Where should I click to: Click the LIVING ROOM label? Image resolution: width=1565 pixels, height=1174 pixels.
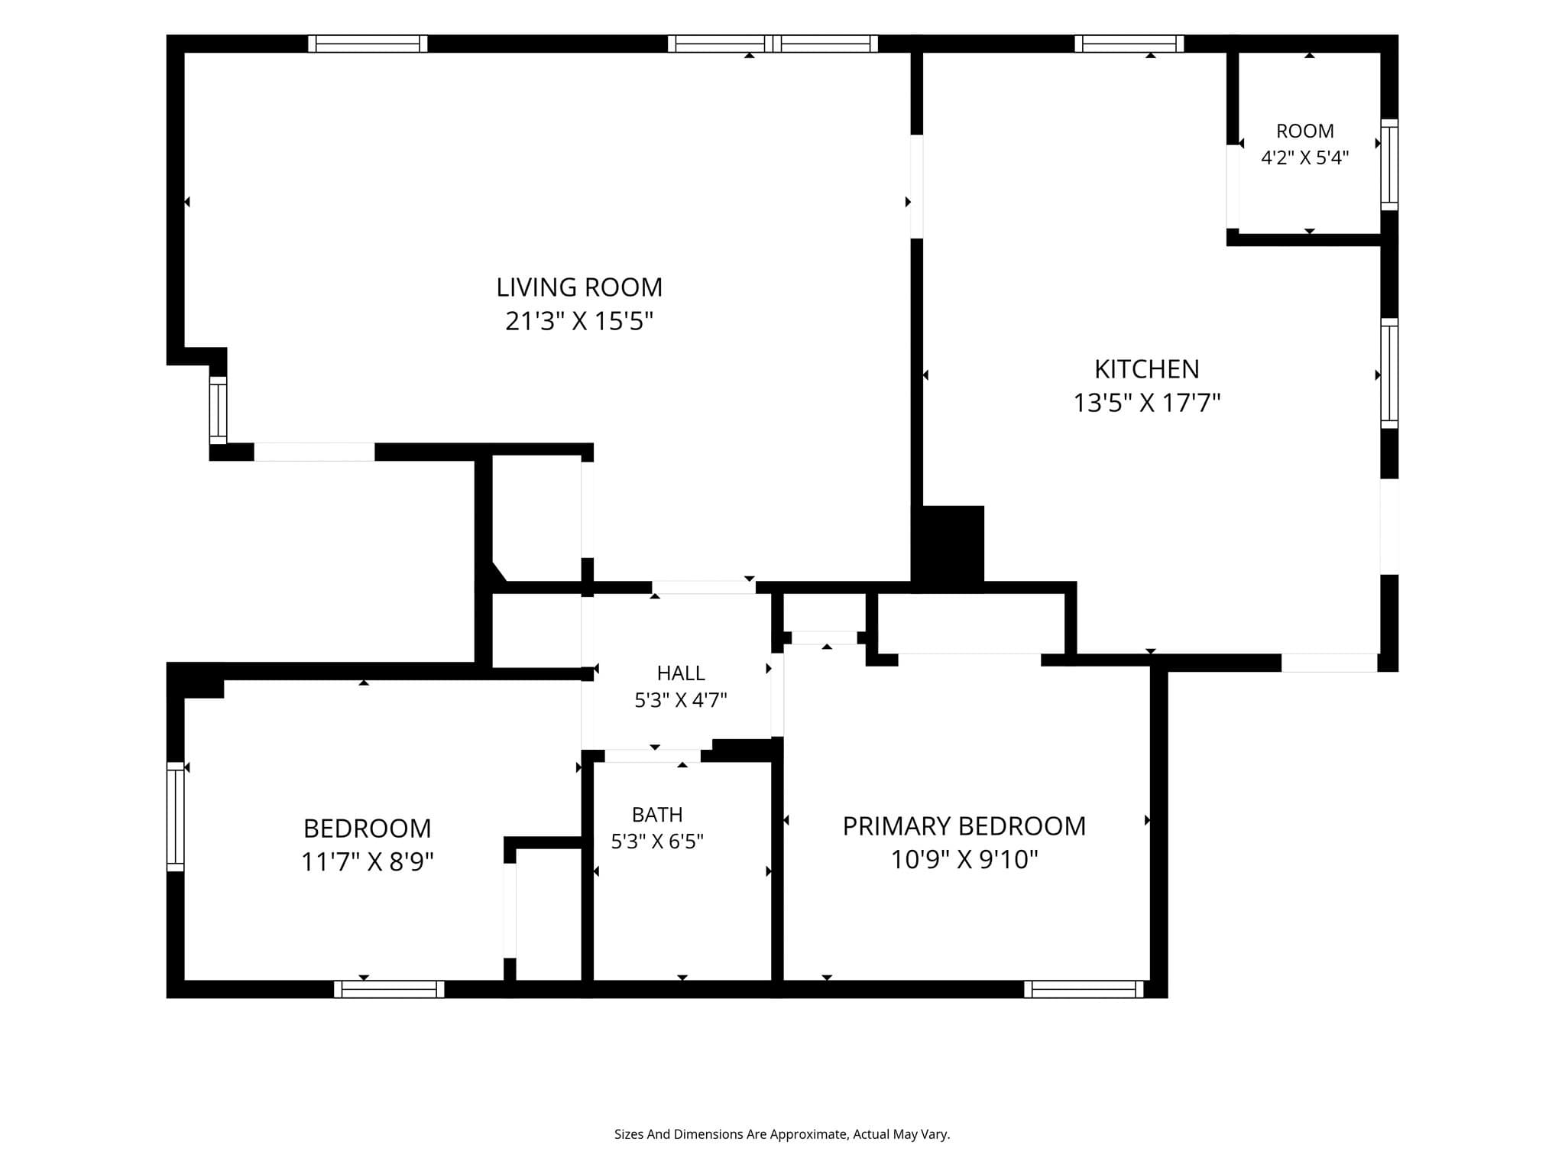click(x=579, y=287)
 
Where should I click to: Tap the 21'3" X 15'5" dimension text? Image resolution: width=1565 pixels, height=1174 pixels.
click(x=579, y=321)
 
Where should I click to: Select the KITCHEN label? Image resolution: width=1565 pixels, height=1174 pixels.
click(x=1147, y=369)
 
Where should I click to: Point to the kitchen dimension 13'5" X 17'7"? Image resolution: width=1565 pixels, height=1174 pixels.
click(x=1147, y=403)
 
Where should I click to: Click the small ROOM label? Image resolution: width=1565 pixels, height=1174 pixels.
click(x=1305, y=131)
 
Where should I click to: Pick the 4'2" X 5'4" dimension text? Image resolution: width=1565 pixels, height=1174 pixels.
click(x=1305, y=157)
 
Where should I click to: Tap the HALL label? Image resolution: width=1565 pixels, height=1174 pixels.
click(x=681, y=673)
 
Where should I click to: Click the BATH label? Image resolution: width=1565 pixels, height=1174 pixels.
click(x=657, y=814)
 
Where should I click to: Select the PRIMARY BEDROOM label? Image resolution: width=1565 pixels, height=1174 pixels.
click(x=964, y=826)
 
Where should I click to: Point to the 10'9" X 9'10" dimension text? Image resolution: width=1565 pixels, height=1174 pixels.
click(x=964, y=860)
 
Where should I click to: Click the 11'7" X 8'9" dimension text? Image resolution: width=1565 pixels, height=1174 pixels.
click(x=368, y=862)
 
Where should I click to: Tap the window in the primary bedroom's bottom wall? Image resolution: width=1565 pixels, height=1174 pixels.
click(x=1084, y=989)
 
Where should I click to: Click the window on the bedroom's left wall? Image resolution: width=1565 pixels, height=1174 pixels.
click(x=176, y=816)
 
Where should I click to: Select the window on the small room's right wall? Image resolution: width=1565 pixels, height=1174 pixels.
click(x=1389, y=164)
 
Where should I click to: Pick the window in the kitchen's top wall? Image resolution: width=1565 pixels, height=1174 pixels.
click(x=1129, y=44)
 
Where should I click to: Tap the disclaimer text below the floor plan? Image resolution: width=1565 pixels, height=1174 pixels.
click(x=782, y=1134)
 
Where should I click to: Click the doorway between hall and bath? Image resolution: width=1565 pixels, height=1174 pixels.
click(x=653, y=756)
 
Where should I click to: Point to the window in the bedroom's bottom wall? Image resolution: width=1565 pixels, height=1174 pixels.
click(x=389, y=989)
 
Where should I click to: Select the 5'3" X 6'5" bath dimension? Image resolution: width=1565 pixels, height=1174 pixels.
click(x=657, y=842)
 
